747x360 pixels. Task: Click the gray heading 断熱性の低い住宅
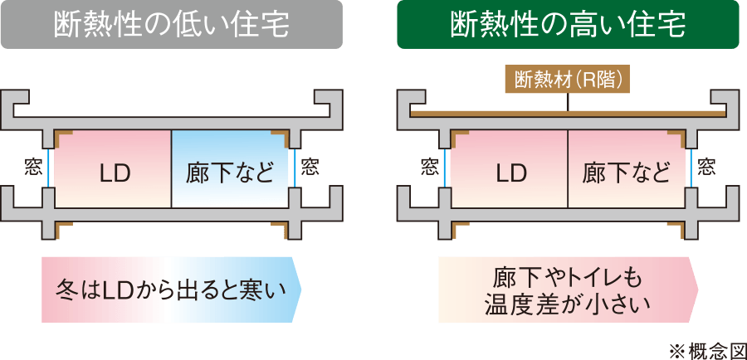172,25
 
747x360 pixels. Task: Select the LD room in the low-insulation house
114,169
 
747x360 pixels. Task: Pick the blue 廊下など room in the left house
230,169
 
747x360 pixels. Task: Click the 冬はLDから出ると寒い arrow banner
170,289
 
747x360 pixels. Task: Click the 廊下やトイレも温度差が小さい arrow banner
568,289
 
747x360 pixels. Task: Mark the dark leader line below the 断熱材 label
568,101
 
